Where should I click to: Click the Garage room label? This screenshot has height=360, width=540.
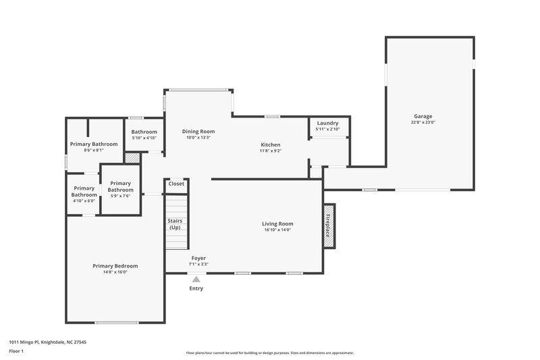click(423, 116)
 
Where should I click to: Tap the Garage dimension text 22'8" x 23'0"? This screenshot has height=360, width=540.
click(423, 122)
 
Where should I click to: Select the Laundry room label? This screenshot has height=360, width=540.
click(327, 123)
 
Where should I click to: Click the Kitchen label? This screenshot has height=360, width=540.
click(271, 145)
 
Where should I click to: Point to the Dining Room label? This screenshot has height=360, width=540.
click(198, 131)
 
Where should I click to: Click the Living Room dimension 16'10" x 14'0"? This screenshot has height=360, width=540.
click(277, 230)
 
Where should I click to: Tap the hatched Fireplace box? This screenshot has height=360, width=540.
click(329, 226)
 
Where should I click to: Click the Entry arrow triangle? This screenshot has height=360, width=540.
click(196, 278)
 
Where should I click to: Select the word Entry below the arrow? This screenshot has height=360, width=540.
click(196, 288)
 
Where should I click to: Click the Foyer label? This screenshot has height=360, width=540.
click(198, 258)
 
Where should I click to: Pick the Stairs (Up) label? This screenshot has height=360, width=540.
click(175, 224)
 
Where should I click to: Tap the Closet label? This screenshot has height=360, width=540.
click(176, 184)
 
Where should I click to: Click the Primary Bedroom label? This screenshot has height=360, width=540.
click(115, 265)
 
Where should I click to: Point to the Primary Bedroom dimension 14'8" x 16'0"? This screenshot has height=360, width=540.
click(115, 272)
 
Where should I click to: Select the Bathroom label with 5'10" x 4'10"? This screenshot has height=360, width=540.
click(144, 132)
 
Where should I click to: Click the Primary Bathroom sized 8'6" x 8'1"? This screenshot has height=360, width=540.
click(94, 144)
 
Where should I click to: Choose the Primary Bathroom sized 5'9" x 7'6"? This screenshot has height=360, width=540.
click(120, 186)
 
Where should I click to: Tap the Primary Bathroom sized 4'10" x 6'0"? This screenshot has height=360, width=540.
click(84, 192)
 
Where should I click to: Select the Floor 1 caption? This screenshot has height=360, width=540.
click(16, 351)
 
